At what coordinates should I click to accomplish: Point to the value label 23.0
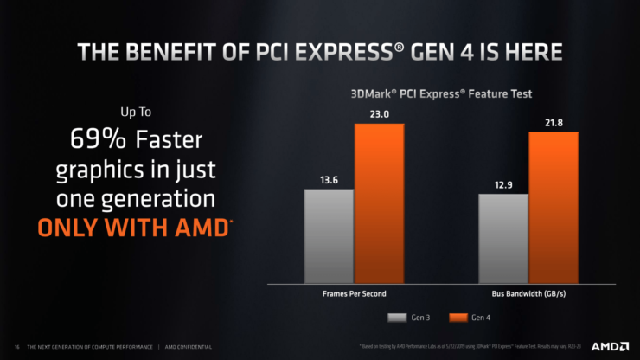click(378, 113)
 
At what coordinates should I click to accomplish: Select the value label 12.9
click(503, 184)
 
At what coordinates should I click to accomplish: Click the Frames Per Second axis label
click(354, 295)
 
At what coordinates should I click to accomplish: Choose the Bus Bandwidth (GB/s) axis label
click(528, 295)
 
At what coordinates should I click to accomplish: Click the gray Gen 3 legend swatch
click(397, 317)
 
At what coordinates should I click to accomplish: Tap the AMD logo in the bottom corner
click(609, 346)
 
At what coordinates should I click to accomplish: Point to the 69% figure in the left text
click(82, 139)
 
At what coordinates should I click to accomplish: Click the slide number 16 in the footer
click(17, 347)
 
